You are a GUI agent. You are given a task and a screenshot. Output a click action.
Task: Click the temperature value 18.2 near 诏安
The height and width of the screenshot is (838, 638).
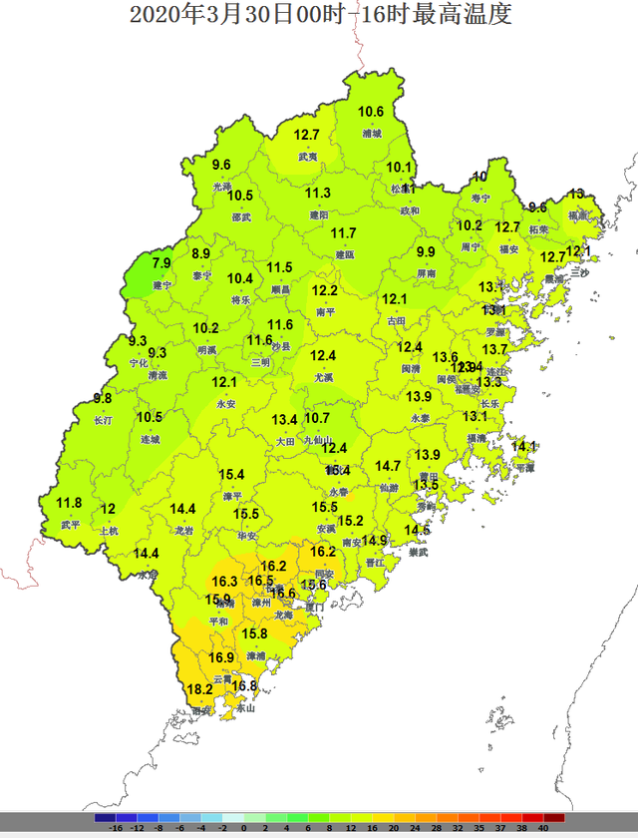[200, 689]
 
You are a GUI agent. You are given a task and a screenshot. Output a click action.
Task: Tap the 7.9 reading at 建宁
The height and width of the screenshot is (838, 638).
[162, 263]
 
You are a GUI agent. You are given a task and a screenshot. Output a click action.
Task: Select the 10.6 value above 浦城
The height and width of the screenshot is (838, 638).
[371, 112]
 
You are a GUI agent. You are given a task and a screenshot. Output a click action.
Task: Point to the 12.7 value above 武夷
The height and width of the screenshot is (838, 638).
[306, 135]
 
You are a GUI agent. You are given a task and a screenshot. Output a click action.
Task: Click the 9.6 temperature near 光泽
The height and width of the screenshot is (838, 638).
[221, 165]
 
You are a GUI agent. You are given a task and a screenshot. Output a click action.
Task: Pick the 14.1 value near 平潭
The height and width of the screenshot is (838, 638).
[524, 446]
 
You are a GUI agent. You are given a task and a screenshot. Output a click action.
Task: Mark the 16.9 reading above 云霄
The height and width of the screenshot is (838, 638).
[221, 657]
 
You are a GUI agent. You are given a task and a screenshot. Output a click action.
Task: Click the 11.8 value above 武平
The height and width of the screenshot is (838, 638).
[69, 503]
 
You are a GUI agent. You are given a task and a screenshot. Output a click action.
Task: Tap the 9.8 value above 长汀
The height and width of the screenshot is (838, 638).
[102, 398]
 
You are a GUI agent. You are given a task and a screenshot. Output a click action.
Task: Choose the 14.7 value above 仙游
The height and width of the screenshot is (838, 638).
[388, 466]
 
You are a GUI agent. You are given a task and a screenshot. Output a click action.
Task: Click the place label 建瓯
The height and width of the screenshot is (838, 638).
[344, 254]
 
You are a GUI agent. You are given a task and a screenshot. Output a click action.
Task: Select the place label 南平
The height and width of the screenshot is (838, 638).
[326, 312]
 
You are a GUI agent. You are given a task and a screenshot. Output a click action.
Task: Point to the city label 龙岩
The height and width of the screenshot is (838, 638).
[184, 531]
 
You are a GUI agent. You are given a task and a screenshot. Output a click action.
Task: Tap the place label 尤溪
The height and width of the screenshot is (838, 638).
[323, 378]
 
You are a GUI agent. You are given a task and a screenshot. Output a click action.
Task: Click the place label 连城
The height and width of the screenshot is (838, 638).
[150, 439]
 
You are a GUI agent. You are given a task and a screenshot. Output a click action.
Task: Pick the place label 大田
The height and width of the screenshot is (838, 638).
[285, 440]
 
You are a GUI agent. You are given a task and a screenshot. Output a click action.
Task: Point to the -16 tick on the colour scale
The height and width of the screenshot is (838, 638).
[117, 827]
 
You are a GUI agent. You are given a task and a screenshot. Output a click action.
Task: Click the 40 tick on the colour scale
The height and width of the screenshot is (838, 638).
[543, 827]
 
